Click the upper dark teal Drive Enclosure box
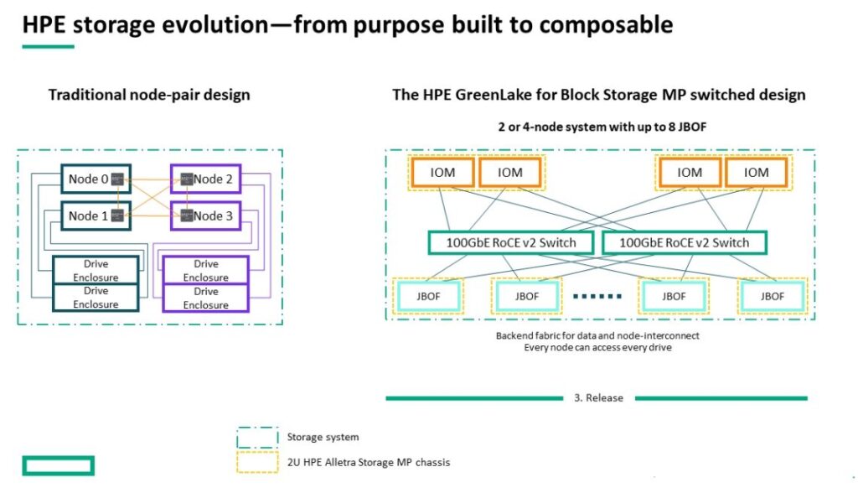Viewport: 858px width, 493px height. point(96,270)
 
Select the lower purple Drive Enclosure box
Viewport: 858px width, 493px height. point(206,298)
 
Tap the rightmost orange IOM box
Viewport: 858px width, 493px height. point(757,172)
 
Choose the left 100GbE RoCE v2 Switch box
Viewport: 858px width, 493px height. point(512,242)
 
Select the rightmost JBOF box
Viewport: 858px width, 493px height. point(772,296)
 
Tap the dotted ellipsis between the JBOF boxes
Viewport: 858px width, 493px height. point(597,296)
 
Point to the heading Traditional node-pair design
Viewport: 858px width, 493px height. point(149,94)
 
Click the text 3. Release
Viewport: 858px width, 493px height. point(598,397)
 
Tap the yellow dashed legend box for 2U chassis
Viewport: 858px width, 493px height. point(256,463)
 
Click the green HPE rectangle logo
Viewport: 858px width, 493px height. point(58,465)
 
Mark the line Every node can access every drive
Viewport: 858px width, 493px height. point(597,346)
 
